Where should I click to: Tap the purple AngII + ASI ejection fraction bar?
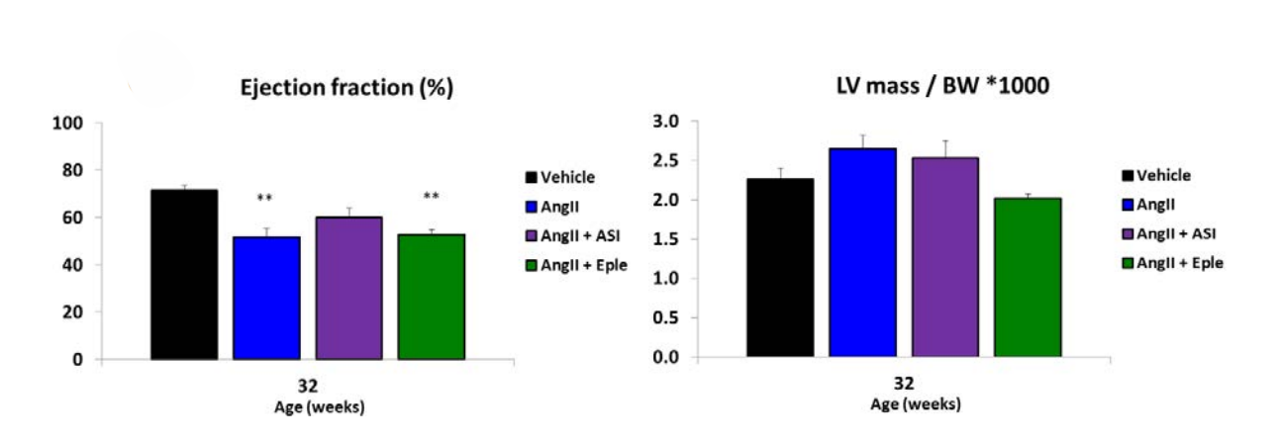click(x=348, y=288)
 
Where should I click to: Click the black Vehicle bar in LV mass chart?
click(x=780, y=267)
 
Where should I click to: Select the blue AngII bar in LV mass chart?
click(x=863, y=252)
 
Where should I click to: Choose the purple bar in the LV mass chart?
click(x=945, y=257)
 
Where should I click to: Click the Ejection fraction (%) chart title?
click(x=346, y=88)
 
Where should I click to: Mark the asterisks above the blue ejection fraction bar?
click(x=265, y=199)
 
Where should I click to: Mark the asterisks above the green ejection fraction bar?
click(x=431, y=197)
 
